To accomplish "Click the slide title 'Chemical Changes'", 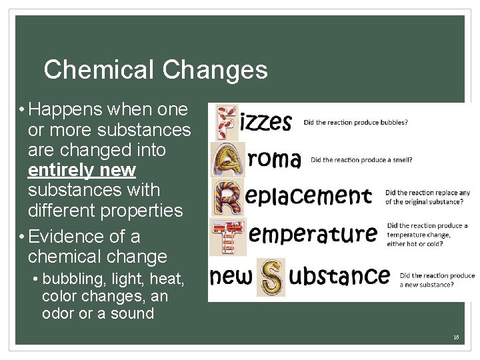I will [x=155, y=69].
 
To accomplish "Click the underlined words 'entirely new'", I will [x=82, y=171].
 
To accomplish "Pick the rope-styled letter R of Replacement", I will [x=226, y=196].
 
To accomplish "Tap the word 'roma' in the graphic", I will [x=275, y=159].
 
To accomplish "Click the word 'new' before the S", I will [x=233, y=275].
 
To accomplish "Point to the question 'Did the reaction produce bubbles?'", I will [x=355, y=123].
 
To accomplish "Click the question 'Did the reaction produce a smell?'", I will [x=361, y=160].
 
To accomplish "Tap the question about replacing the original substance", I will [x=427, y=197].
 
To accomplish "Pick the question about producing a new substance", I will [x=437, y=279].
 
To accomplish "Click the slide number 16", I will [x=456, y=337].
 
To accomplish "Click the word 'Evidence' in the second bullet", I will [x=62, y=237].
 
